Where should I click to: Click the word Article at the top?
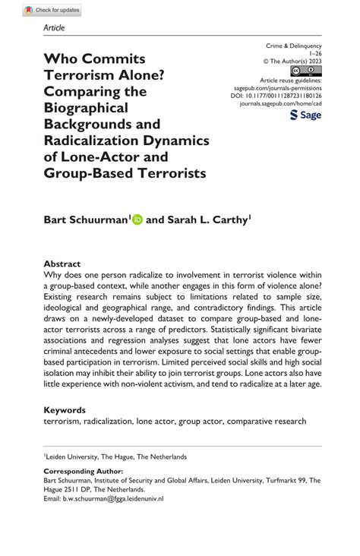click(54, 28)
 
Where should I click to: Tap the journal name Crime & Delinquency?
click(292, 46)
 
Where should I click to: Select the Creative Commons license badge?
click(310, 71)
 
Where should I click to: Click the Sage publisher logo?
click(305, 115)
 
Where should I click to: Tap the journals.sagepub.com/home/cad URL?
click(282, 105)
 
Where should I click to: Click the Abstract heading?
click(63, 264)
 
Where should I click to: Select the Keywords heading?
click(65, 409)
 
